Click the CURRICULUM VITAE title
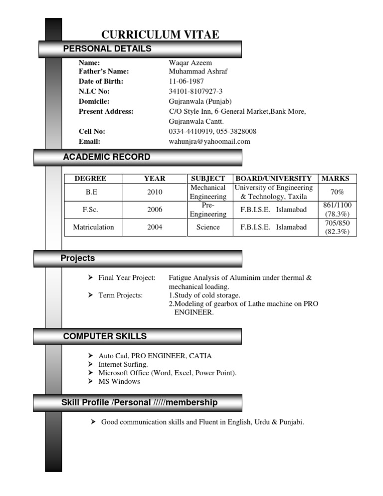160,34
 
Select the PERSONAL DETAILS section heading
107,49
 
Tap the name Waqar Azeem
191,63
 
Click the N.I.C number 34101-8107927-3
195,91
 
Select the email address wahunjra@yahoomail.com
209,142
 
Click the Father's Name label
104,71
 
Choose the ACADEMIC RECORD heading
106,157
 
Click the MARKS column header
336,178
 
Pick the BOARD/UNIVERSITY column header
274,178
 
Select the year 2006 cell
155,210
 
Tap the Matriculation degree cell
93,227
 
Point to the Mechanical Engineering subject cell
208,192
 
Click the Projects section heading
78,258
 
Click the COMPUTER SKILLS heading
105,336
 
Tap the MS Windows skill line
119,382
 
